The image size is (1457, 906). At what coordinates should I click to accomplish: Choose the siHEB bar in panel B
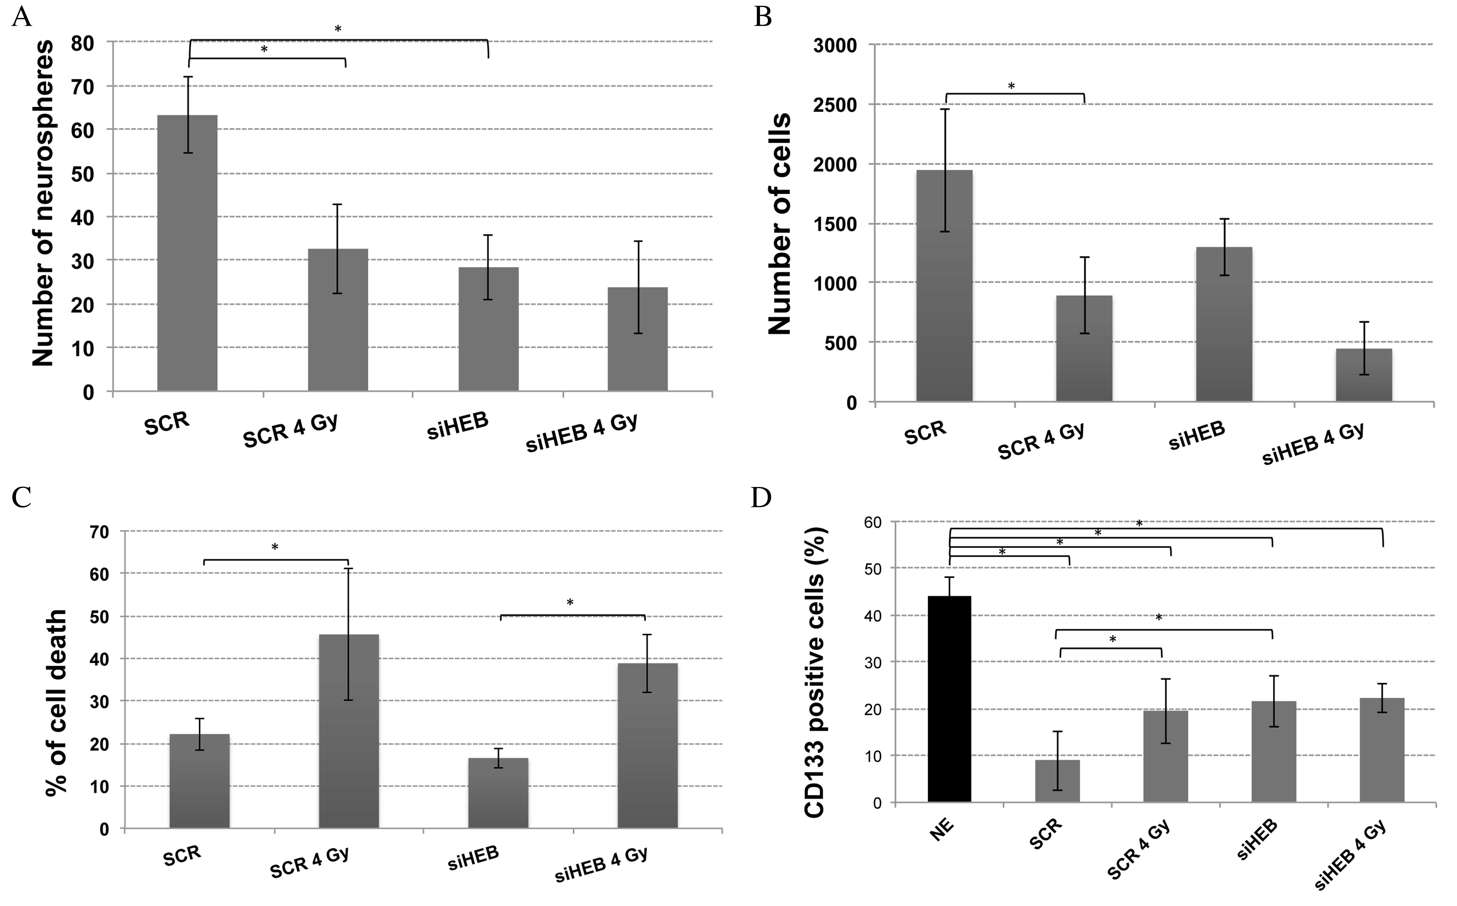1224,324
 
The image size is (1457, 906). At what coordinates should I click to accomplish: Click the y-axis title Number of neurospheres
43,204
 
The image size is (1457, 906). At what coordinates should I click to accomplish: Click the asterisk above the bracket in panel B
1011,86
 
